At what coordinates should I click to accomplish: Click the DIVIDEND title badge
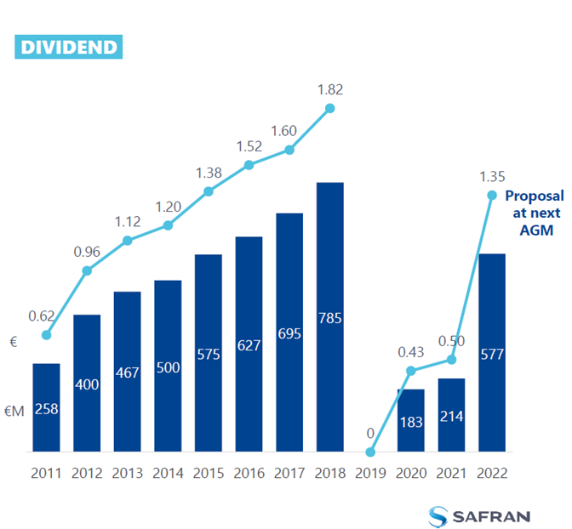click(67, 46)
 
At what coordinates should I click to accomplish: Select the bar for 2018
click(330, 316)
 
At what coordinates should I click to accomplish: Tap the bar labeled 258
click(46, 407)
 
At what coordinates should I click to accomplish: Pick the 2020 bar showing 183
click(411, 420)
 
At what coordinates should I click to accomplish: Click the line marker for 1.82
click(330, 108)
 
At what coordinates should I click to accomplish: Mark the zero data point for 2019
click(370, 452)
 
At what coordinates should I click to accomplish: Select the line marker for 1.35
click(492, 195)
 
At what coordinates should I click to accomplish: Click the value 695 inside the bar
click(289, 333)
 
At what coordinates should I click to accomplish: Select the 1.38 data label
click(209, 173)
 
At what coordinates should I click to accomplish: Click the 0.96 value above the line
click(87, 252)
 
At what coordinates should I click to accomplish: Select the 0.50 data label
click(452, 341)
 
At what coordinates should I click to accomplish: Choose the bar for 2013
click(128, 372)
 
